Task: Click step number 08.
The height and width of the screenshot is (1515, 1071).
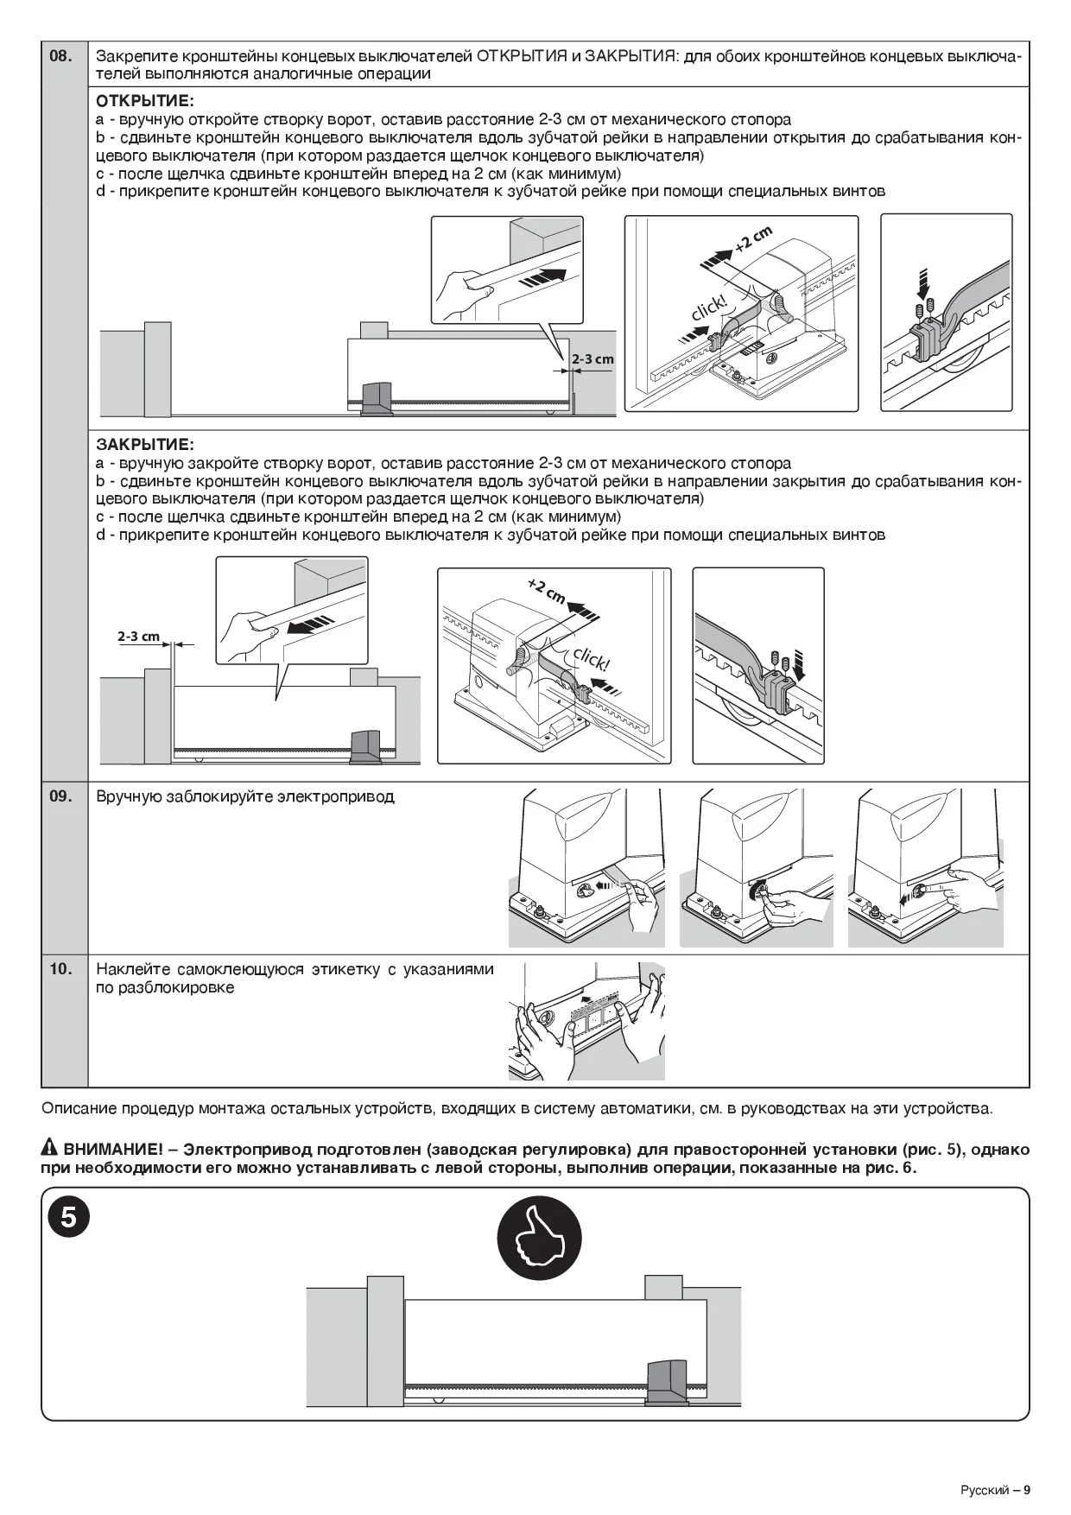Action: tap(60, 56)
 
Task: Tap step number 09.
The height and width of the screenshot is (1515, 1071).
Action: tap(60, 796)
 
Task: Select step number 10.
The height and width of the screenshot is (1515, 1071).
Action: tap(60, 968)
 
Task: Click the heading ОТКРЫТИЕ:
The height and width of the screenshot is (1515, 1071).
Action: tap(144, 101)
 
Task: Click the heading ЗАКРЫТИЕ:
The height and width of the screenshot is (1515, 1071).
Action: tap(144, 445)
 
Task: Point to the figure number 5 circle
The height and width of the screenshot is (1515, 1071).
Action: tap(68, 1218)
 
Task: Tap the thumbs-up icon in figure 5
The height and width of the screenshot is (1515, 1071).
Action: tap(540, 1240)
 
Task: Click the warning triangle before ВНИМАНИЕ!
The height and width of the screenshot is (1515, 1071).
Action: tap(49, 1150)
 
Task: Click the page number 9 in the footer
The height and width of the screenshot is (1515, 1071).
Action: tap(1027, 1489)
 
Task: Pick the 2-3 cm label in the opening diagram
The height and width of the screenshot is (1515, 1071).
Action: tap(593, 359)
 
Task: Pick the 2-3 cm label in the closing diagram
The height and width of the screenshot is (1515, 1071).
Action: tap(139, 637)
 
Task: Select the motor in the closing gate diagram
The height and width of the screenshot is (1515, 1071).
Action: tap(364, 747)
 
